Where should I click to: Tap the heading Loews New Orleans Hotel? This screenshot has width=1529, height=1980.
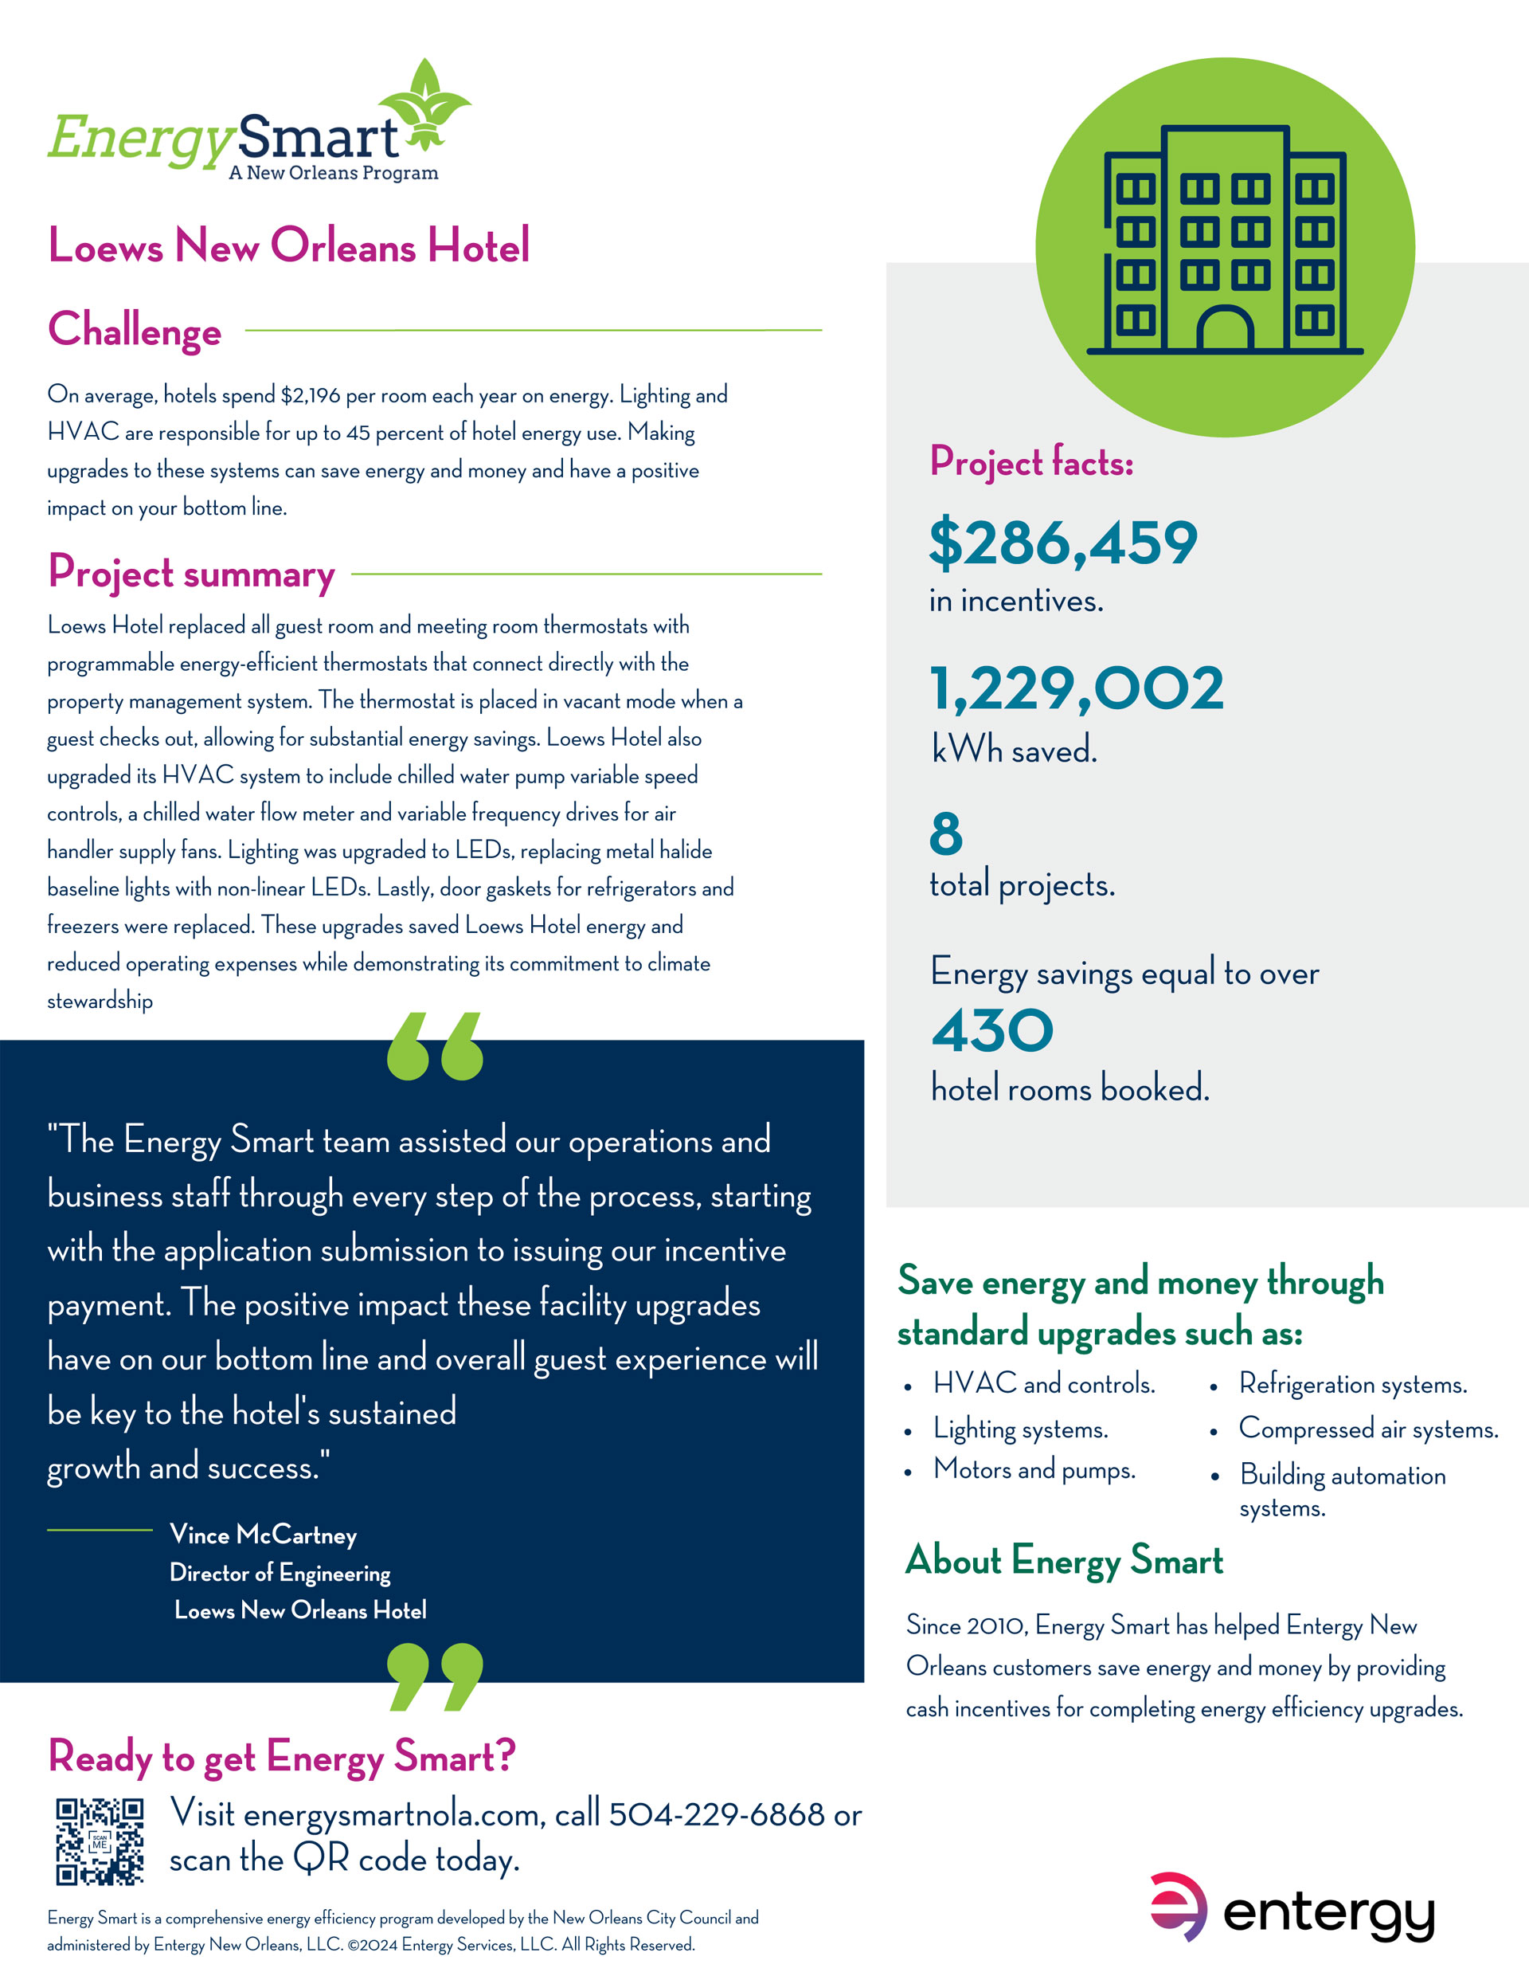(288, 245)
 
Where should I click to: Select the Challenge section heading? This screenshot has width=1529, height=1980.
(134, 329)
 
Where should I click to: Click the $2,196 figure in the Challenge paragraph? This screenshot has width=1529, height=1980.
(310, 395)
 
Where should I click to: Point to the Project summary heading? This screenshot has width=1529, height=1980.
(191, 573)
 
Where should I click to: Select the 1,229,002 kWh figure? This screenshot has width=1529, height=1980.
(1077, 688)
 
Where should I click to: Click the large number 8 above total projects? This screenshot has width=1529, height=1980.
(945, 833)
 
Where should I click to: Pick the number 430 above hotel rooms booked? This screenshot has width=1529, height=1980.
(992, 1031)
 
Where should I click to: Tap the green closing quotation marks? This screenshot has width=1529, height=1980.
(435, 1676)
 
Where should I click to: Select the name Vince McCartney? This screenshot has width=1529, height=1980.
(263, 1534)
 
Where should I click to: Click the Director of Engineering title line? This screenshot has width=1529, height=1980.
(280, 1572)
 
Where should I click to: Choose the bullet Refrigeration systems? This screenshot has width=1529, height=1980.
(1352, 1384)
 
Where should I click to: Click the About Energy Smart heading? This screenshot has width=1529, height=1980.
(1064, 1560)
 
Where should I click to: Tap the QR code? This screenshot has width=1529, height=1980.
(100, 1841)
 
